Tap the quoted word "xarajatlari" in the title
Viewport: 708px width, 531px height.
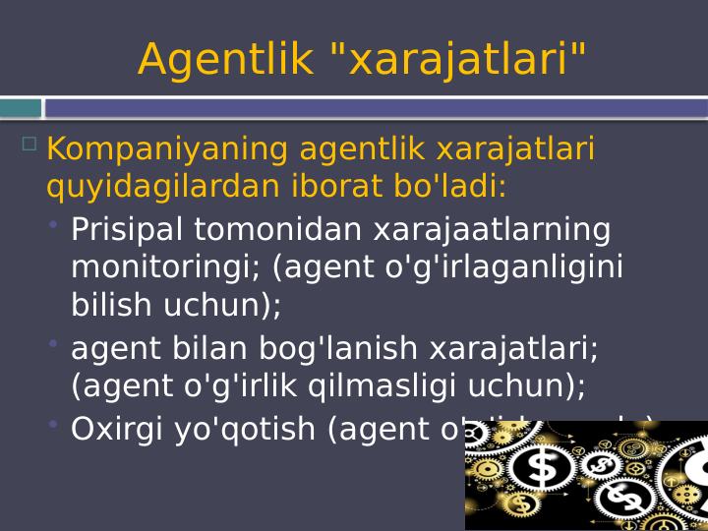coord(455,60)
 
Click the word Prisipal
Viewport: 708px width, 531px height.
coord(127,231)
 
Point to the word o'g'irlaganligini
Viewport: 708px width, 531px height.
coord(509,267)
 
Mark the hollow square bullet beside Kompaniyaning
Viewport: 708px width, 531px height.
coord(29,144)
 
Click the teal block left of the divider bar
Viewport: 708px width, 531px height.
coord(21,108)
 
